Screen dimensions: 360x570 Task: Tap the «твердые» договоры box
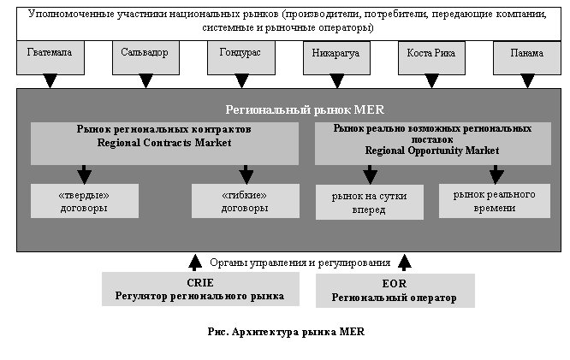84,201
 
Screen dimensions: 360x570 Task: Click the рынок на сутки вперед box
369,203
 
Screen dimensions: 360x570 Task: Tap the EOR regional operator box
395,291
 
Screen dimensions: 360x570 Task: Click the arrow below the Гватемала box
50,81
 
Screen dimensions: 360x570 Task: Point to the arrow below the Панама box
527,81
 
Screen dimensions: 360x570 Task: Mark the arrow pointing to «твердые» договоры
84,172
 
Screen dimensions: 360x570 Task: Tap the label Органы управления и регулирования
300,263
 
